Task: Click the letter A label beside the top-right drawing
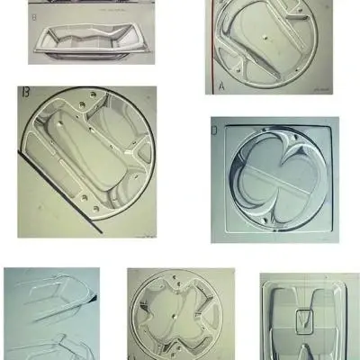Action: [x=221, y=86]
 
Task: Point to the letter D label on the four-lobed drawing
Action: [x=214, y=131]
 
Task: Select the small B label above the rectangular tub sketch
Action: [x=33, y=17]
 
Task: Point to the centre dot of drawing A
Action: [x=267, y=37]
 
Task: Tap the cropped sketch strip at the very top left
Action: [x=90, y=4]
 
